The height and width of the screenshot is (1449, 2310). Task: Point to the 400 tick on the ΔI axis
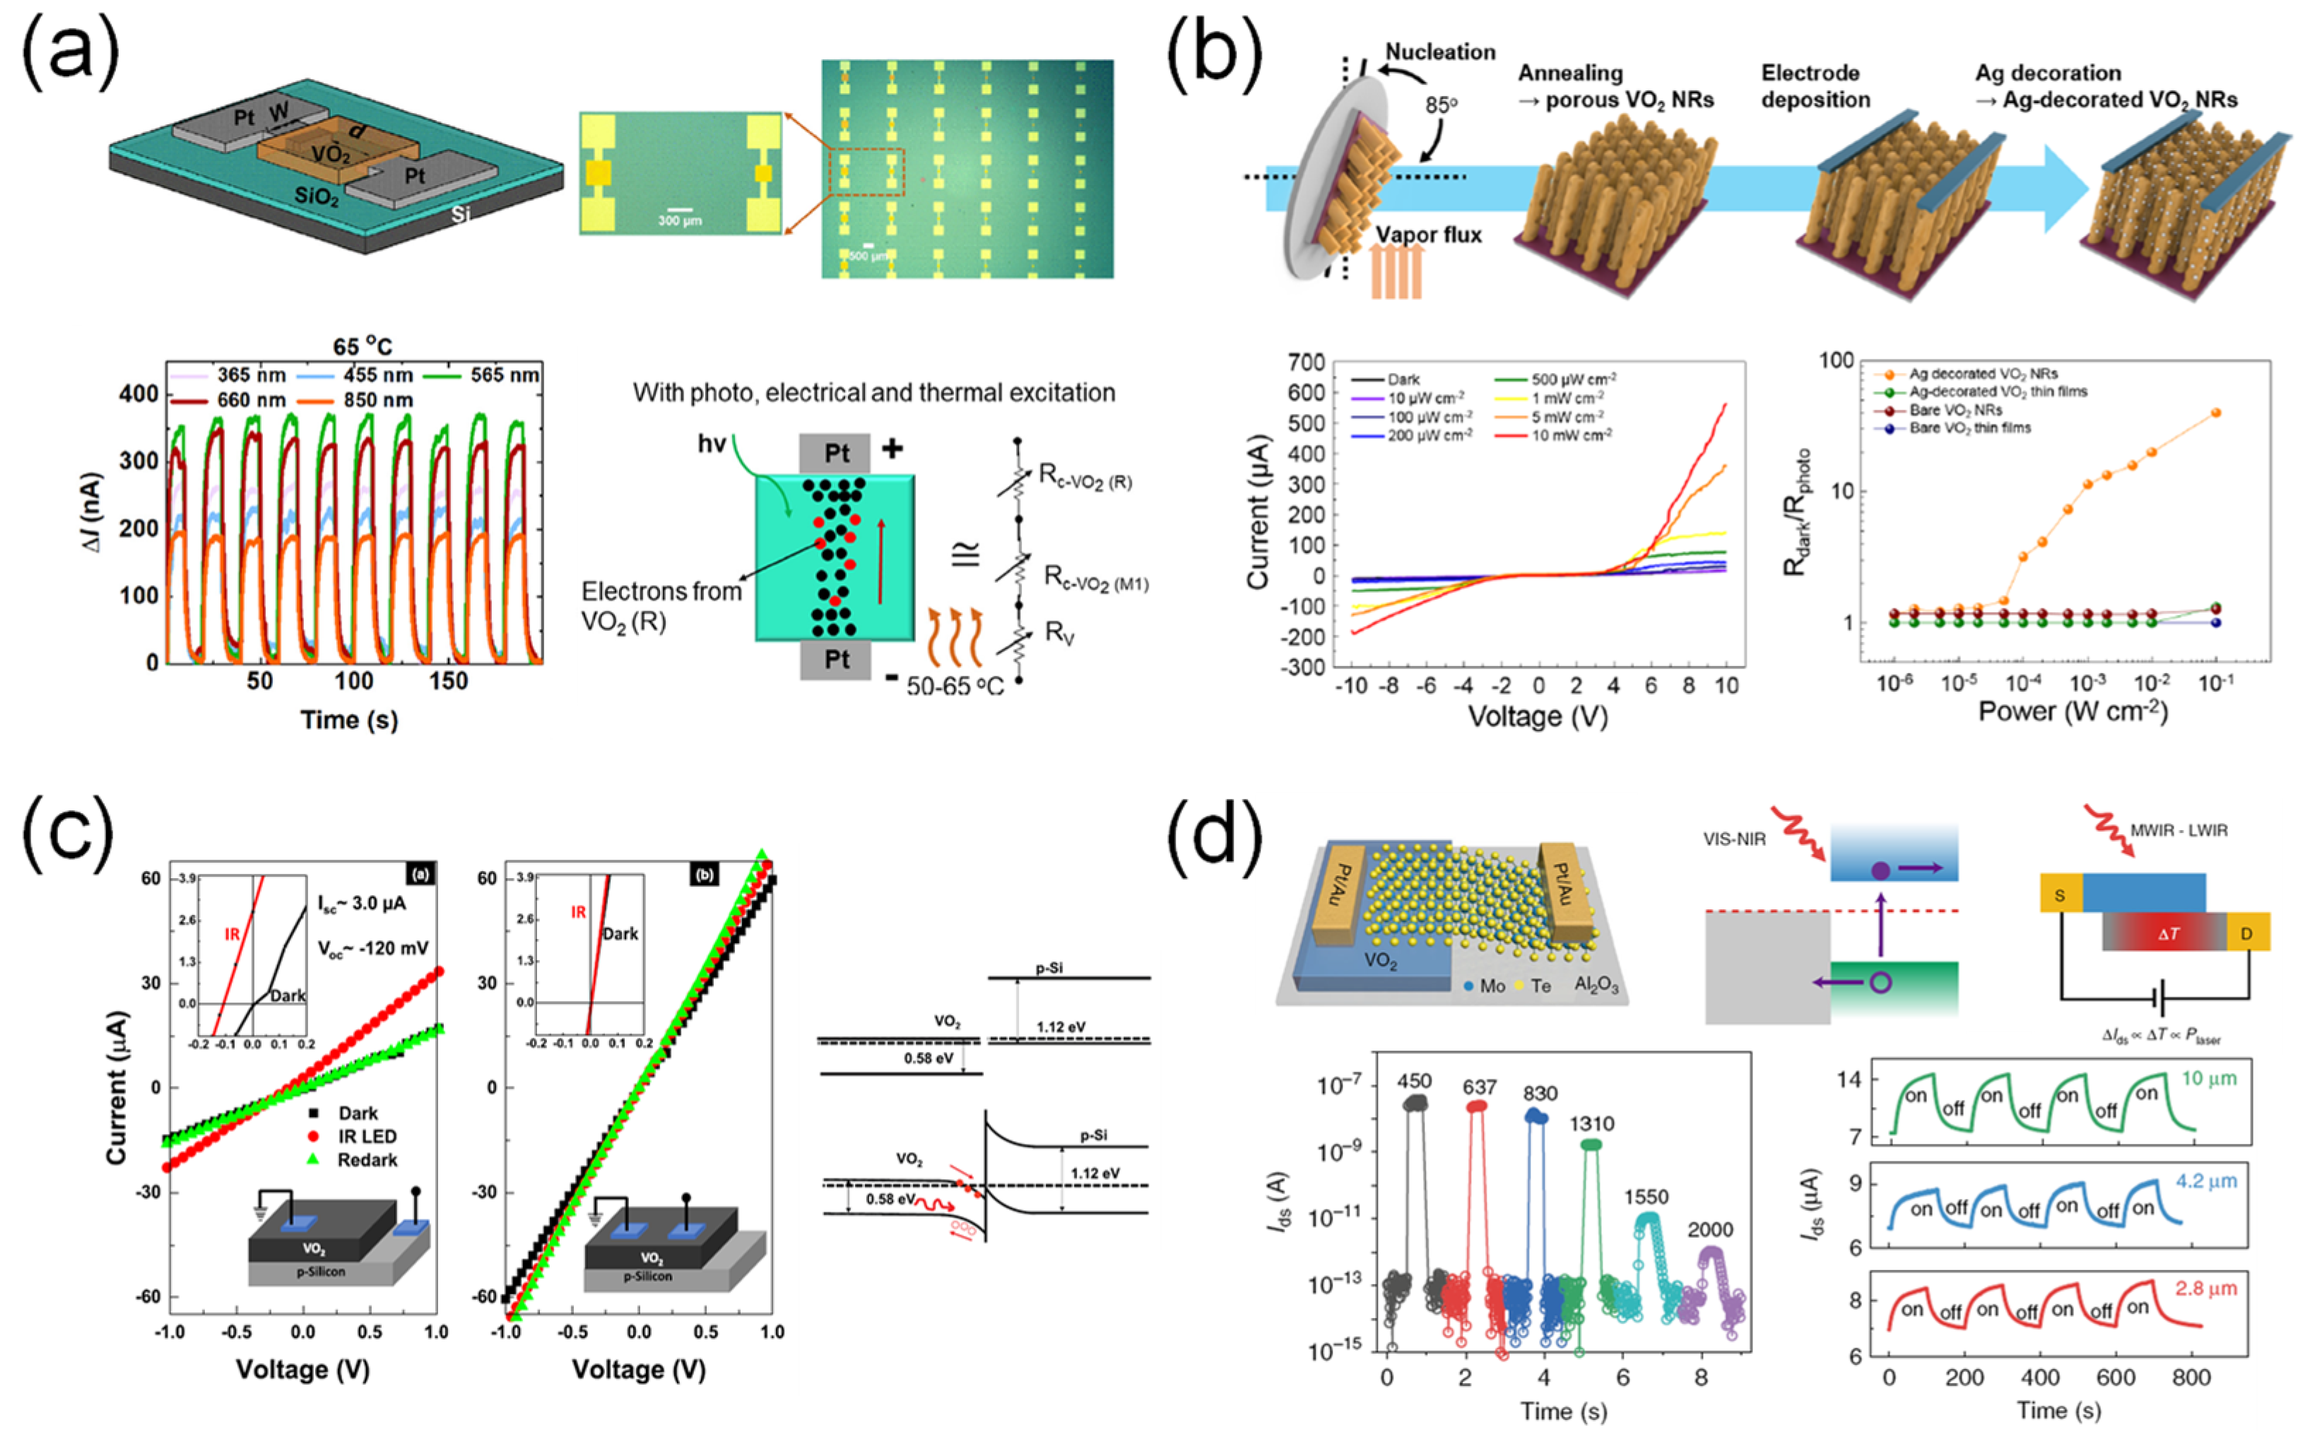(139, 394)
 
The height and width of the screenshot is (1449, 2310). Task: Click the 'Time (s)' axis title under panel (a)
(349, 720)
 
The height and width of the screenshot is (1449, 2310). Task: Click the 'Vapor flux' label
(1428, 235)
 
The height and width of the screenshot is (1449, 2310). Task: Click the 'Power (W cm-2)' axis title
(2073, 712)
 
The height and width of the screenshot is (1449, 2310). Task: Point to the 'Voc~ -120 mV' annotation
(373, 949)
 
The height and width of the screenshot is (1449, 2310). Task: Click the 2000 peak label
(1710, 1229)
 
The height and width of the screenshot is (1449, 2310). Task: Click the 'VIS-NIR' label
(1734, 839)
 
